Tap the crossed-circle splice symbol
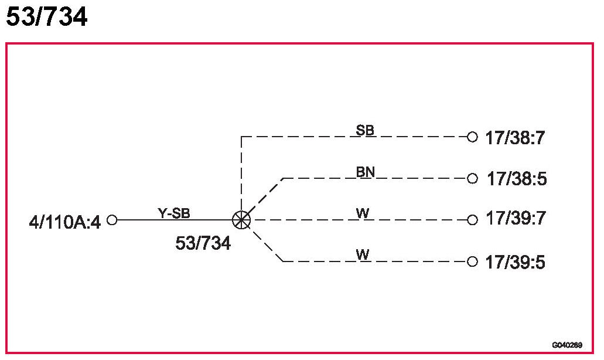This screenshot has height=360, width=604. (241, 220)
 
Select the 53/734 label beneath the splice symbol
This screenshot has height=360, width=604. (203, 243)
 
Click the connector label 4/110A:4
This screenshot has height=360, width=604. (65, 222)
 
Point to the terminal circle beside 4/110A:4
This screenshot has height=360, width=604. (112, 220)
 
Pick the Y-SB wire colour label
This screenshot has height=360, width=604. (174, 213)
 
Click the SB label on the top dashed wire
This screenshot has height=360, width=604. (365, 130)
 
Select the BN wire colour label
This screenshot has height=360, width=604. (366, 172)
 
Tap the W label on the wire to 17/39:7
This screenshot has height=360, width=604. (363, 213)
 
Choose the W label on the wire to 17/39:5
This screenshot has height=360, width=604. (363, 255)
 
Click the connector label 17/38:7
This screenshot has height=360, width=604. (516, 138)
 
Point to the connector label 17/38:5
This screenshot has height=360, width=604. (517, 179)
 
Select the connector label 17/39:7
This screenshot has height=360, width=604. (516, 219)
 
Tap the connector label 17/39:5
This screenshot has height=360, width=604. (516, 262)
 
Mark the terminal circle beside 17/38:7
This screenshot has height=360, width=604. (472, 137)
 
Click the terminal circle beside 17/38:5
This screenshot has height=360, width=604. (473, 178)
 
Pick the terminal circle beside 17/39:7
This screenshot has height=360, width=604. (472, 220)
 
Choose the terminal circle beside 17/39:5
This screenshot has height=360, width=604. (472, 261)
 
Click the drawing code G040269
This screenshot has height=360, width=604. (567, 345)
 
